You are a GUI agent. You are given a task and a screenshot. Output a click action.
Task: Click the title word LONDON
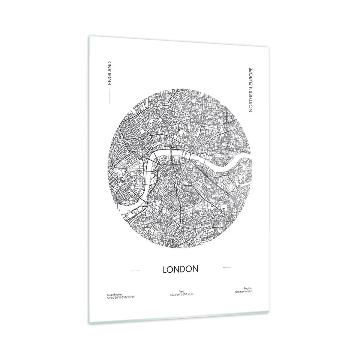(x=180, y=269)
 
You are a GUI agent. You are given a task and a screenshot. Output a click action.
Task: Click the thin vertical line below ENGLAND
(x=110, y=96)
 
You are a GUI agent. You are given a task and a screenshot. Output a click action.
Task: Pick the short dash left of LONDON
(x=135, y=271)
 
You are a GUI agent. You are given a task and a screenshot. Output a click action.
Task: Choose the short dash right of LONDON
(x=227, y=267)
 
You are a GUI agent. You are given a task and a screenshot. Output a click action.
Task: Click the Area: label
(x=181, y=291)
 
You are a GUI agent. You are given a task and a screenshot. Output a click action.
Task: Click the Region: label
(x=248, y=288)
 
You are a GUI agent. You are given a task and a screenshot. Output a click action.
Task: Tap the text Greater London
(x=244, y=291)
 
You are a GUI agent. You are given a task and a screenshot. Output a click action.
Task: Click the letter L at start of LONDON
(x=164, y=270)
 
